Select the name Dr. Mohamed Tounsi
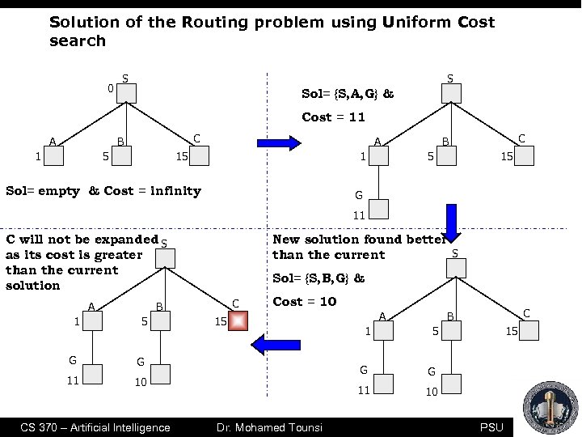[268, 427]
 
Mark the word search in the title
[78, 40]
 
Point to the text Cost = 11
[334, 117]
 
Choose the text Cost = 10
[304, 301]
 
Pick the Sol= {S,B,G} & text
[318, 278]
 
